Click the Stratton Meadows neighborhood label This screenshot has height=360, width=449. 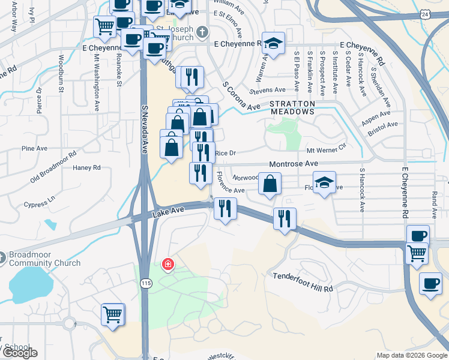pos(292,107)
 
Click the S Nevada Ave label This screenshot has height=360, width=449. pos(145,129)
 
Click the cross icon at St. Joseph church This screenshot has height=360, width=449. pos(203,31)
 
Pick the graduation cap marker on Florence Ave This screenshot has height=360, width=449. pos(324,182)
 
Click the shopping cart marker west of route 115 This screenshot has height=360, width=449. pos(112,314)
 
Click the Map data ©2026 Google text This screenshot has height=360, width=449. pos(412,355)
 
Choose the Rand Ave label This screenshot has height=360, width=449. pos(434,205)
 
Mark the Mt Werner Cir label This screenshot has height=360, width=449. pos(327,147)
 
